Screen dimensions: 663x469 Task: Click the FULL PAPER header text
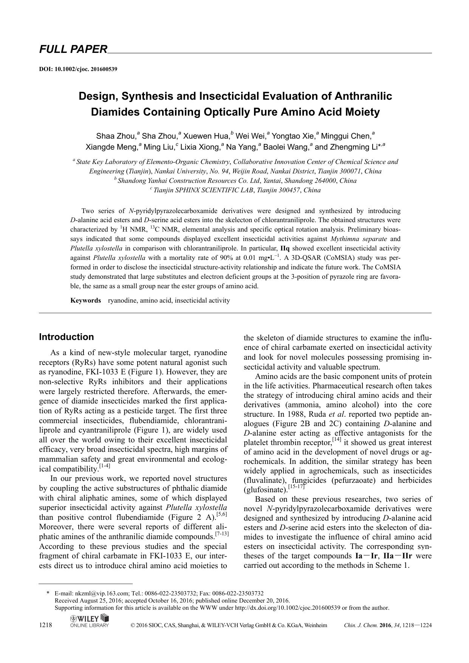tap(73, 49)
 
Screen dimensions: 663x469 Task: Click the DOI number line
tap(78, 69)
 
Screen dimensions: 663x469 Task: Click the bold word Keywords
tap(85, 300)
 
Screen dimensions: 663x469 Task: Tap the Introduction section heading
tap(66, 337)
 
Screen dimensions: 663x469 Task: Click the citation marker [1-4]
tap(104, 466)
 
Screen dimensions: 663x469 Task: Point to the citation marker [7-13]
tap(221, 534)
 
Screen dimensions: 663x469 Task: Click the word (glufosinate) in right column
tap(265, 490)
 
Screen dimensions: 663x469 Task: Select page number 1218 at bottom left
tap(45, 625)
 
